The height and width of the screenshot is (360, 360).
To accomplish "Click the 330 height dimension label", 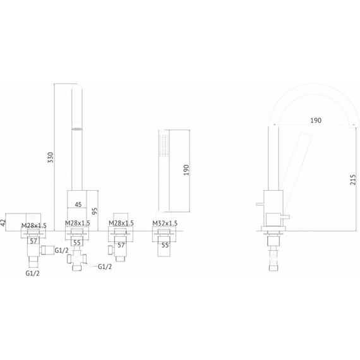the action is (x=51, y=157).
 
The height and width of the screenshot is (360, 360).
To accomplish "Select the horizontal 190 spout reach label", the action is (x=316, y=120).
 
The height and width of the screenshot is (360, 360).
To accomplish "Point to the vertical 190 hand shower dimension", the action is (x=186, y=170).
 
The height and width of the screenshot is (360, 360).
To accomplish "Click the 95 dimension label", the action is (x=95, y=211).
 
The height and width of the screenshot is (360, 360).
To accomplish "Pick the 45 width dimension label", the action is (x=78, y=205).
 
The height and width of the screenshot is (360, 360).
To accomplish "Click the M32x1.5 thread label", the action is (x=165, y=223).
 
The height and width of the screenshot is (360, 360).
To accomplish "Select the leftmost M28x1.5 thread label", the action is (x=34, y=225).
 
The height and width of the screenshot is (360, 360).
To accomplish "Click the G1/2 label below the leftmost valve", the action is (x=32, y=273).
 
